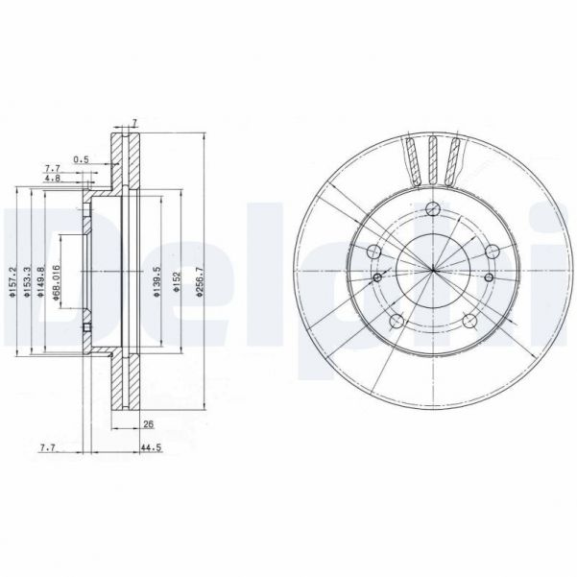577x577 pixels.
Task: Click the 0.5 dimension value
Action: (83, 158)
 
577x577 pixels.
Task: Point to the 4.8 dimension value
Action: (54, 179)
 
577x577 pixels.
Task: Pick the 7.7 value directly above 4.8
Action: (52, 168)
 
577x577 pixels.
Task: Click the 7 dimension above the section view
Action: (135, 123)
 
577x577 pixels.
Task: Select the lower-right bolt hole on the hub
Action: (469, 322)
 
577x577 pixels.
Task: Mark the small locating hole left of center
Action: (377, 277)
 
